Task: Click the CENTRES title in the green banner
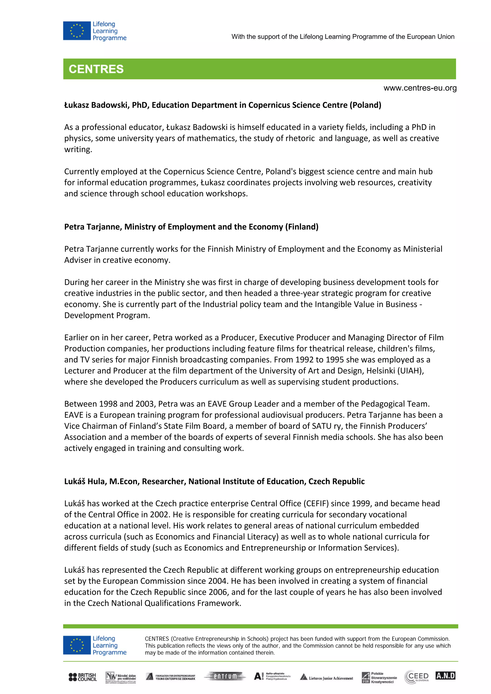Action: tap(96, 69)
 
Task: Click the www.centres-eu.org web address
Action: tap(420, 88)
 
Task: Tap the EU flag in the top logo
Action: tap(77, 31)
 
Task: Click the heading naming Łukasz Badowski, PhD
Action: tap(222, 105)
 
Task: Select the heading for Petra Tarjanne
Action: tap(191, 227)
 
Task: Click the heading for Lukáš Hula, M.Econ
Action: tap(214, 481)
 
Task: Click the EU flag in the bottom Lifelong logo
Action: tap(77, 645)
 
